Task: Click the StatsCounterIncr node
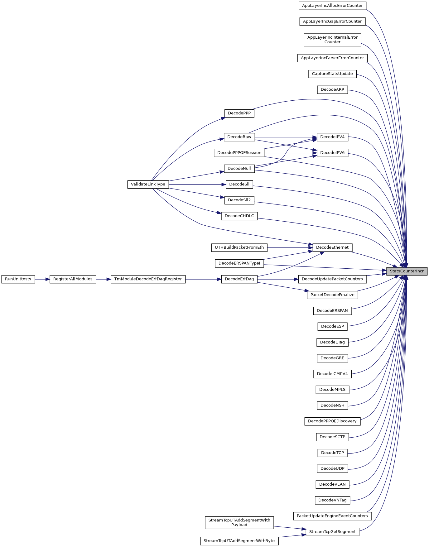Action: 407,271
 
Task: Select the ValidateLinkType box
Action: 148,184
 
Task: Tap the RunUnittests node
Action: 18,279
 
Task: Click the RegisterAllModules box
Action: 73,279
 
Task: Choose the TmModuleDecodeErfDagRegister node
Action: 148,279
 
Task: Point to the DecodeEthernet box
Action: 332,247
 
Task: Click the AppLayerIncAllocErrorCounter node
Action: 332,6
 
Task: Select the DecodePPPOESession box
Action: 239,153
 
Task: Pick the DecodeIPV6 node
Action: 332,153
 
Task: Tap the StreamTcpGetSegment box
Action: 332,532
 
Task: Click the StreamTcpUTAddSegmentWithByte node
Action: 239,541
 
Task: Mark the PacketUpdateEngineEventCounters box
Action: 332,516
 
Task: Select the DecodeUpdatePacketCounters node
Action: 332,279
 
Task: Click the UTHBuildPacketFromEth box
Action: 239,247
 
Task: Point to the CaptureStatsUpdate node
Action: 332,74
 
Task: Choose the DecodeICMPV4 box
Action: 332,374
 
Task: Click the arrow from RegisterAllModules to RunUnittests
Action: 42,279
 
